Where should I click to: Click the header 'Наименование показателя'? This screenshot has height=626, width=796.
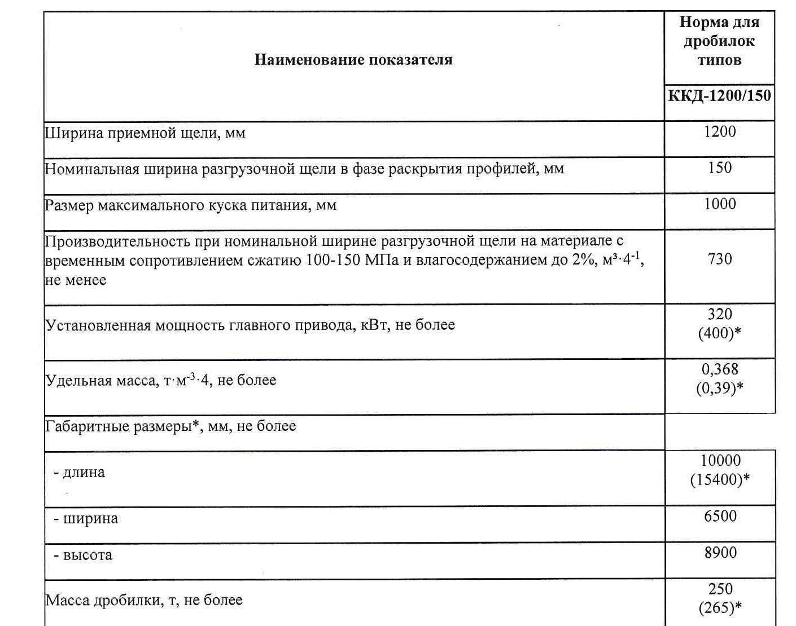point(353,60)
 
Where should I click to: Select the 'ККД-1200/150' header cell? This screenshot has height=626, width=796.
point(719,95)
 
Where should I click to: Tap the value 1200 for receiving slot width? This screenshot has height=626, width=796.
point(720,132)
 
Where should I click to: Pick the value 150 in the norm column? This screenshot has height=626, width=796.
point(720,168)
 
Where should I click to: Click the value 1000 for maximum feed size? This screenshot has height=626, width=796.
point(720,204)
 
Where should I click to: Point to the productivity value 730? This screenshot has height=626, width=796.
point(720,259)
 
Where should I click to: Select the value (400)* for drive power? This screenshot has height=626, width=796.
point(719,333)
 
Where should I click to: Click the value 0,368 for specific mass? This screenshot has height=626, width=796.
point(720,369)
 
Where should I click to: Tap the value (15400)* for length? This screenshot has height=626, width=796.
point(720,480)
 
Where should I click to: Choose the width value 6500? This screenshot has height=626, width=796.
point(720,517)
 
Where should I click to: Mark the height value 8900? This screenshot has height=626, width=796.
point(720,553)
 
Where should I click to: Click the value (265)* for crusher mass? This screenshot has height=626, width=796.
point(720,608)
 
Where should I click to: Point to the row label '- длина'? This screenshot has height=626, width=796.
point(79,473)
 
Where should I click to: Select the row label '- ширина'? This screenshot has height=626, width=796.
point(86,519)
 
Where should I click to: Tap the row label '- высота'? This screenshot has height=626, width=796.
point(83,556)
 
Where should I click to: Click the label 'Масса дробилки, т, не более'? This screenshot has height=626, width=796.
point(144,600)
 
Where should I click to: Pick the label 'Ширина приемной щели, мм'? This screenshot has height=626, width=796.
point(145,134)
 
